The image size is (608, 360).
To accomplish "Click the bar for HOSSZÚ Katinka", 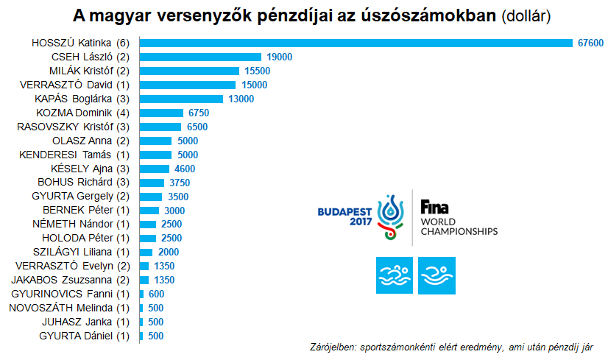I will click(356, 43).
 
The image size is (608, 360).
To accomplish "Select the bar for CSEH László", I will click(200, 57).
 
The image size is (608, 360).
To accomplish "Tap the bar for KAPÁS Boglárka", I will click(181, 99).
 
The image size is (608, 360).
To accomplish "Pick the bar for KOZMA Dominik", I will click(161, 113).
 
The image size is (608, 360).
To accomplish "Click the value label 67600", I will click(590, 43).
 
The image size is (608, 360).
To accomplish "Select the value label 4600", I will click(185, 169).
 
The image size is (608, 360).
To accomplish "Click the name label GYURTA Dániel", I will click(84, 336).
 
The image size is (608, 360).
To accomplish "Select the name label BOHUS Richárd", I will click(84, 183).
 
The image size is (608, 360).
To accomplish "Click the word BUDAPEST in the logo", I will click(345, 211).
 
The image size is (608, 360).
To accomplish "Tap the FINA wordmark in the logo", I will click(435, 206).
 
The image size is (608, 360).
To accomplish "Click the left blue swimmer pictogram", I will click(395, 275).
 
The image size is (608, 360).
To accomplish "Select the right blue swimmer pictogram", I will click(436, 275).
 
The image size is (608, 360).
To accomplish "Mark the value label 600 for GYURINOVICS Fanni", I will click(156, 294).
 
